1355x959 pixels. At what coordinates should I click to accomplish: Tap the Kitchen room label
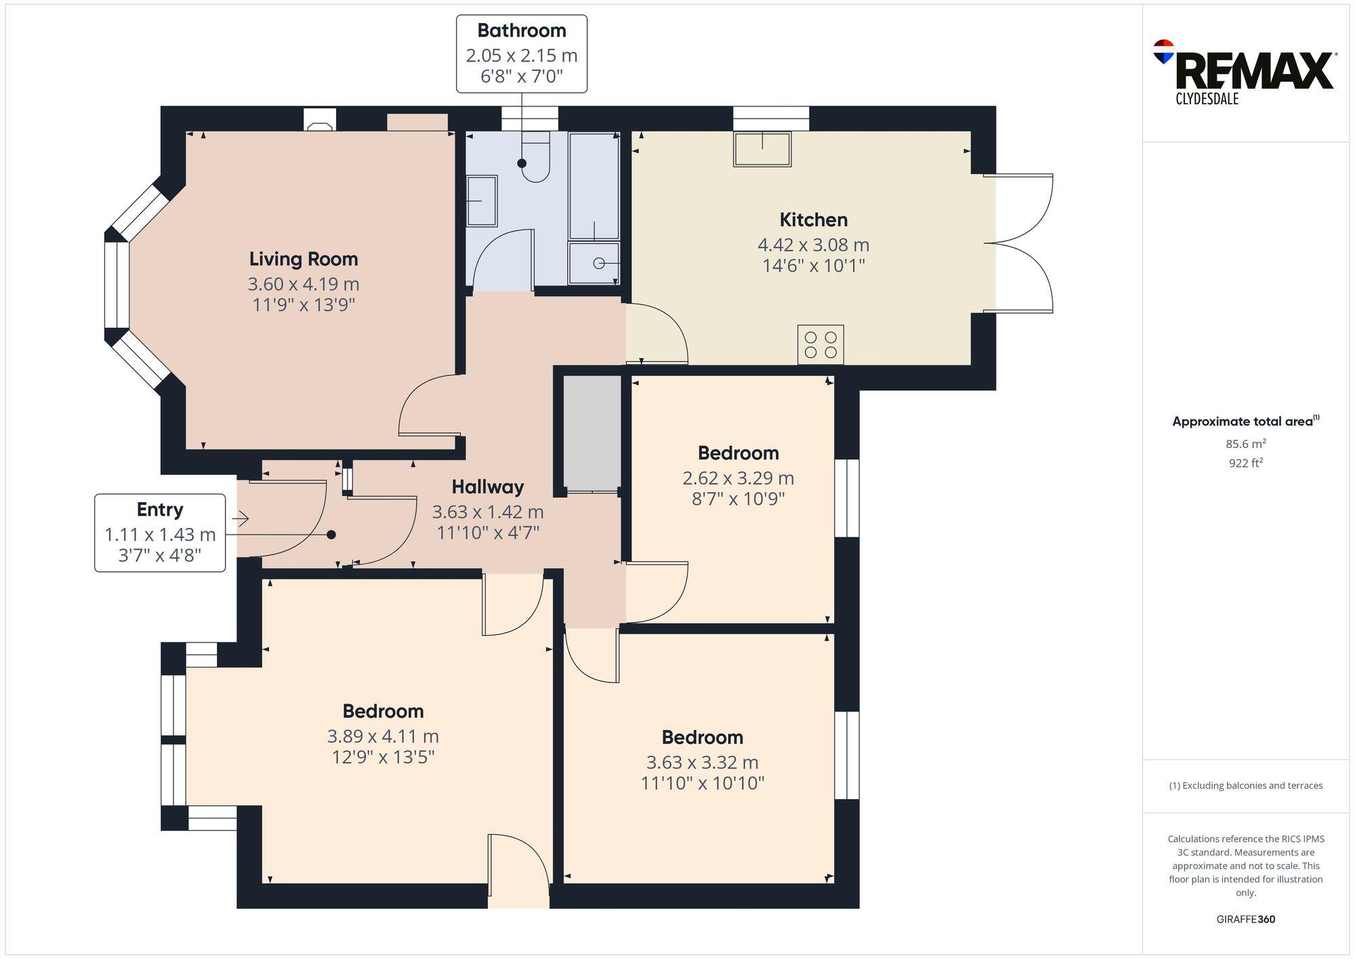(813, 220)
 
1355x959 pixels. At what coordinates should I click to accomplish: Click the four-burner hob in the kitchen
(820, 344)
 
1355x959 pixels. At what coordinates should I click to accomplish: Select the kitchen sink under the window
(762, 149)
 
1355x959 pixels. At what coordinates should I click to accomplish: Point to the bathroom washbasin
(482, 201)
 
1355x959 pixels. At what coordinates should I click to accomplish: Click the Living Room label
(303, 259)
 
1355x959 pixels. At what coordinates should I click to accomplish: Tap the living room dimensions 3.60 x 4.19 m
(303, 284)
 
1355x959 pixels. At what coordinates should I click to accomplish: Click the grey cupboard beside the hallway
(592, 434)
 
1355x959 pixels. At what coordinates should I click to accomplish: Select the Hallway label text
(487, 487)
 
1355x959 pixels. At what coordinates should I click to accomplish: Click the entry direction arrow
(241, 519)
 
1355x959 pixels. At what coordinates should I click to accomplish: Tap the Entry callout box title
(160, 510)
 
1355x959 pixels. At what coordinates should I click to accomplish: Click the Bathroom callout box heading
(521, 30)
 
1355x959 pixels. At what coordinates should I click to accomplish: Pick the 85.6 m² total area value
(1245, 445)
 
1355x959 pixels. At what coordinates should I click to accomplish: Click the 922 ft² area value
(1245, 464)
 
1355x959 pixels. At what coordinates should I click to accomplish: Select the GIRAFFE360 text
(1245, 920)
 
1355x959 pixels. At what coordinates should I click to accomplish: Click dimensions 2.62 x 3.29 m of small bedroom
(738, 478)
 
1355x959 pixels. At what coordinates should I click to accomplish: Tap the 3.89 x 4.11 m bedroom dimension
(383, 736)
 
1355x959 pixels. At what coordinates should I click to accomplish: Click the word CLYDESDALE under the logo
(1207, 99)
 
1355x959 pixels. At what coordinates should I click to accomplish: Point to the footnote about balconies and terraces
(1245, 785)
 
